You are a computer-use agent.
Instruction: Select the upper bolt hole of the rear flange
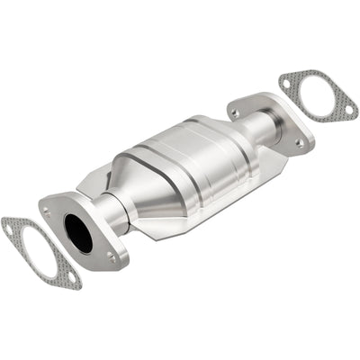coord(234,112)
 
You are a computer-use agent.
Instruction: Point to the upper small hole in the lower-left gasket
coord(10,229)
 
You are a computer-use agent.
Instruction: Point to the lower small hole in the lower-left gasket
coord(73,280)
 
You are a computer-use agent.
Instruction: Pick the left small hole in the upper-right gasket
coord(286,83)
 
